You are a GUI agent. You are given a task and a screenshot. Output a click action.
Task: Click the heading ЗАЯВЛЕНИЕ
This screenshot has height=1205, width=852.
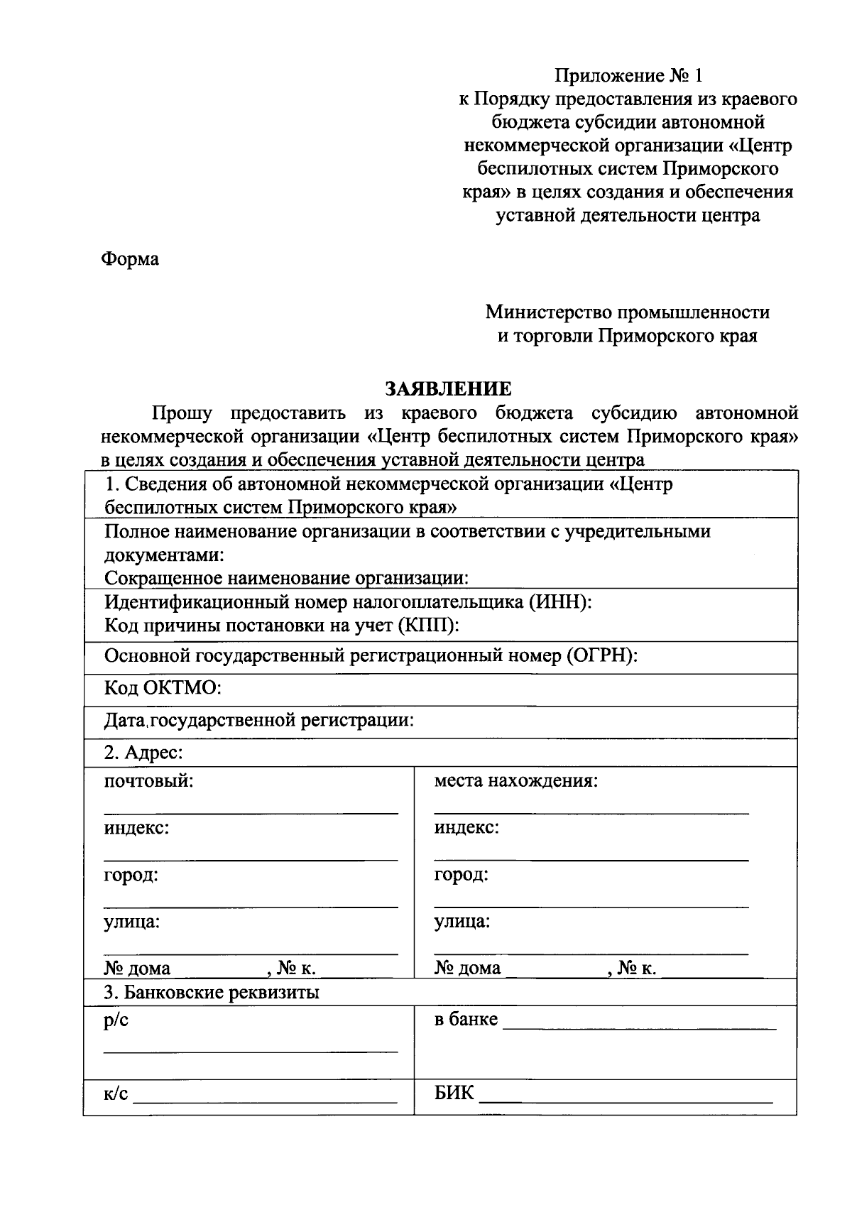pos(447,389)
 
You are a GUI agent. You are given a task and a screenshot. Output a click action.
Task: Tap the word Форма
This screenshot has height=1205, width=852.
pos(130,259)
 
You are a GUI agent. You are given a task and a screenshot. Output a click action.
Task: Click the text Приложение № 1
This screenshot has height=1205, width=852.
pos(628,75)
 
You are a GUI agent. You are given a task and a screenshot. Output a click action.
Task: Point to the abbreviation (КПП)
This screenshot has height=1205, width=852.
pos(428,626)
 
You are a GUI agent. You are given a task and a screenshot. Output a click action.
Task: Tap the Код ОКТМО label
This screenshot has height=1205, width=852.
pos(163,687)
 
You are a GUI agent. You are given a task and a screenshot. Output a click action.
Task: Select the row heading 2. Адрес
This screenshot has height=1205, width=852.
pos(143,753)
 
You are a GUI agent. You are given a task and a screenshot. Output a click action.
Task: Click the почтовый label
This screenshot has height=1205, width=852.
pos(148,781)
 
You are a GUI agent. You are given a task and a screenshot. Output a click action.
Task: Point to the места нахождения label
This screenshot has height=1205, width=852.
pos(515,781)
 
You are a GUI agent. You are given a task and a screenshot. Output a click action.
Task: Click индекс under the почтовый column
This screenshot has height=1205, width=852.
pos(136,828)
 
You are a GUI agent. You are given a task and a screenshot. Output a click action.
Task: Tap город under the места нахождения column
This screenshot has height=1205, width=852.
pos(461,875)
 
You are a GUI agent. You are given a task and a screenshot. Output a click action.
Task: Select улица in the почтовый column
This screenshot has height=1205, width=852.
pos(131,922)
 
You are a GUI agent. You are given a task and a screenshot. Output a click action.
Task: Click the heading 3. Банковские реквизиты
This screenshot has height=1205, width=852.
pos(212,992)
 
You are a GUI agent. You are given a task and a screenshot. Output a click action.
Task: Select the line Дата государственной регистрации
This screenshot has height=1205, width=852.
pos(258,721)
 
